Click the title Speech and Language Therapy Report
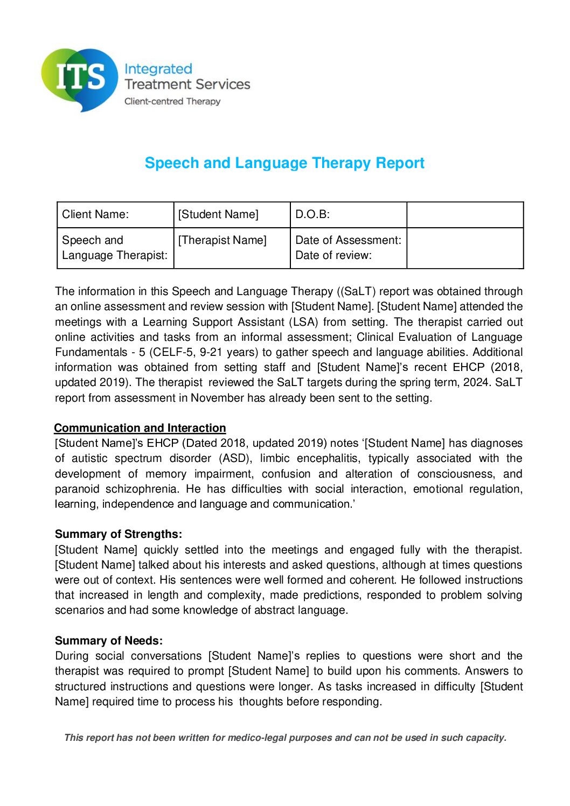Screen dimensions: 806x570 coord(284,163)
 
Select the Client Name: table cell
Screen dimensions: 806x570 coord(95,214)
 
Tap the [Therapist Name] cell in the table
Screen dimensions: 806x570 coord(223,240)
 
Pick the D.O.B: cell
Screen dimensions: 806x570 coord(312,214)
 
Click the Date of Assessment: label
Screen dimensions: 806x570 coord(348,240)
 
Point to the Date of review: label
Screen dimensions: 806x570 coord(333,255)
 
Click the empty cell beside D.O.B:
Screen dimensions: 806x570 coord(464,215)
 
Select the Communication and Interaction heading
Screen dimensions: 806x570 coord(140,428)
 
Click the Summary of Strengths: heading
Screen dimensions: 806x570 coord(119,534)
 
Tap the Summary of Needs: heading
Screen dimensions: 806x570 coord(109,641)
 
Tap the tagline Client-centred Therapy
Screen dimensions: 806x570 coord(172,101)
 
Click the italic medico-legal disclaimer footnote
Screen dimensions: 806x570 coord(285,738)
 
